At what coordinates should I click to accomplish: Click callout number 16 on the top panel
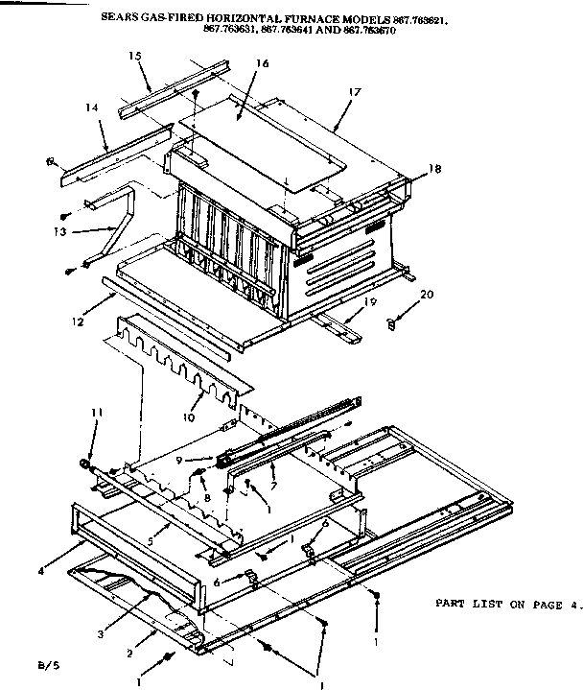pyautogui.click(x=263, y=63)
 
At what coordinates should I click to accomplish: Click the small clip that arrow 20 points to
pyautogui.click(x=392, y=325)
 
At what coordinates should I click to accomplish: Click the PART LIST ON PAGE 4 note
pyautogui.click(x=508, y=604)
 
